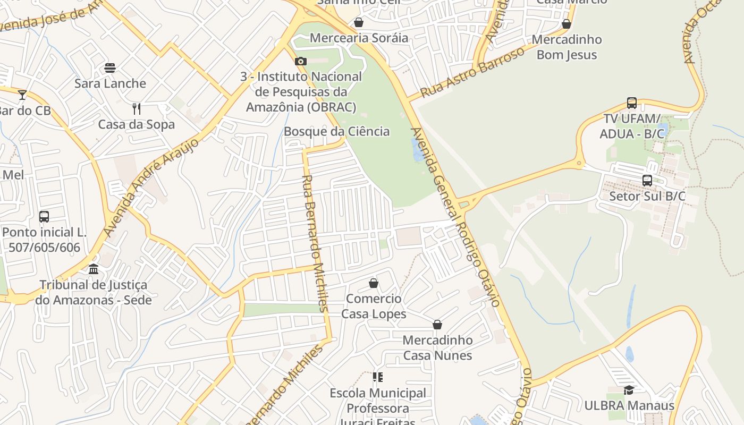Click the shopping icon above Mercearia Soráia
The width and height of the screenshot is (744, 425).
[x=359, y=22]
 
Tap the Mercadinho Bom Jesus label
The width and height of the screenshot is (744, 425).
[x=567, y=47]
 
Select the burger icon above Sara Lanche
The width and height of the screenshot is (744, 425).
[x=110, y=68]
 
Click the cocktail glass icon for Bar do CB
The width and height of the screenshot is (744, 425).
[x=22, y=95]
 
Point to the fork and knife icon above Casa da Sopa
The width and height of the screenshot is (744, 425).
[x=137, y=109]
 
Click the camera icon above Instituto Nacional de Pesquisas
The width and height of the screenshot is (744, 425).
[x=301, y=61]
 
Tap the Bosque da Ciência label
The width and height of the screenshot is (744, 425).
[x=336, y=131]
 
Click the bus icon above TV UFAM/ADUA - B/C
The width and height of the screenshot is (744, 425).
[x=631, y=103]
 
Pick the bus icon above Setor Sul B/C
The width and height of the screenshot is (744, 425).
[x=647, y=181]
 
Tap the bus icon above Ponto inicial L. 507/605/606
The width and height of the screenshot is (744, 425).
[x=44, y=217]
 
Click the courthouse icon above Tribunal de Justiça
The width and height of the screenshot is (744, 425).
[x=94, y=269]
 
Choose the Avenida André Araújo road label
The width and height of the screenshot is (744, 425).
[x=151, y=187]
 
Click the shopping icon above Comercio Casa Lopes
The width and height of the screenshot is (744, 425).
[x=374, y=283]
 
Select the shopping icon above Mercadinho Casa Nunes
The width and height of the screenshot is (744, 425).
[x=437, y=325]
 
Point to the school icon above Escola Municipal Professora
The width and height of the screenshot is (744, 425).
[x=378, y=378]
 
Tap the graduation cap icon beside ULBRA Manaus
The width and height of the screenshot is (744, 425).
[x=629, y=390]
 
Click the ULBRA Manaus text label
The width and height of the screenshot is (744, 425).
[x=629, y=406]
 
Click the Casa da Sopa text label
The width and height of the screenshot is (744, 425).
[x=137, y=125]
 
